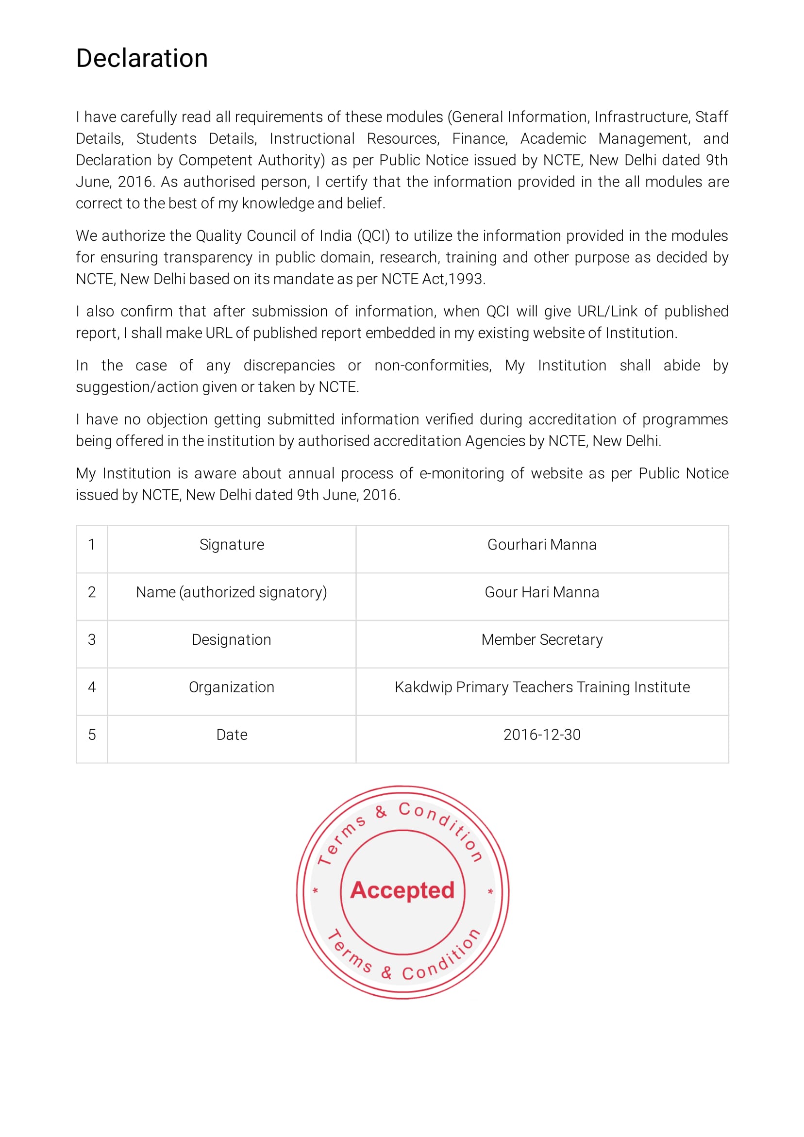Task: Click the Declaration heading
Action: pyautogui.click(x=142, y=58)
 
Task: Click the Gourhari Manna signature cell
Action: pyautogui.click(x=541, y=545)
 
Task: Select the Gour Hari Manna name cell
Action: pyautogui.click(x=541, y=592)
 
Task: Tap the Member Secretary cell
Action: pyautogui.click(x=541, y=640)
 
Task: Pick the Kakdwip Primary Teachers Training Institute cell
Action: pyautogui.click(x=541, y=687)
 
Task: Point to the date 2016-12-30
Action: pyautogui.click(x=541, y=735)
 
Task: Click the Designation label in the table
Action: pyautogui.click(x=231, y=640)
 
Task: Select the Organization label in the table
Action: pyautogui.click(x=231, y=687)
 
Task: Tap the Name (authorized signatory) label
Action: pyautogui.click(x=231, y=592)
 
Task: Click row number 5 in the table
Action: pyautogui.click(x=92, y=735)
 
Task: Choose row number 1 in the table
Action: pyautogui.click(x=92, y=545)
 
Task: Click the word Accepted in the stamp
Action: pyautogui.click(x=402, y=890)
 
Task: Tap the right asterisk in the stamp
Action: pyautogui.click(x=490, y=892)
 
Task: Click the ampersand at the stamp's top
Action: pyautogui.click(x=381, y=812)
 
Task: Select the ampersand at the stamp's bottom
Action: pyautogui.click(x=386, y=972)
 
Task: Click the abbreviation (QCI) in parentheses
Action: pyautogui.click(x=373, y=236)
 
